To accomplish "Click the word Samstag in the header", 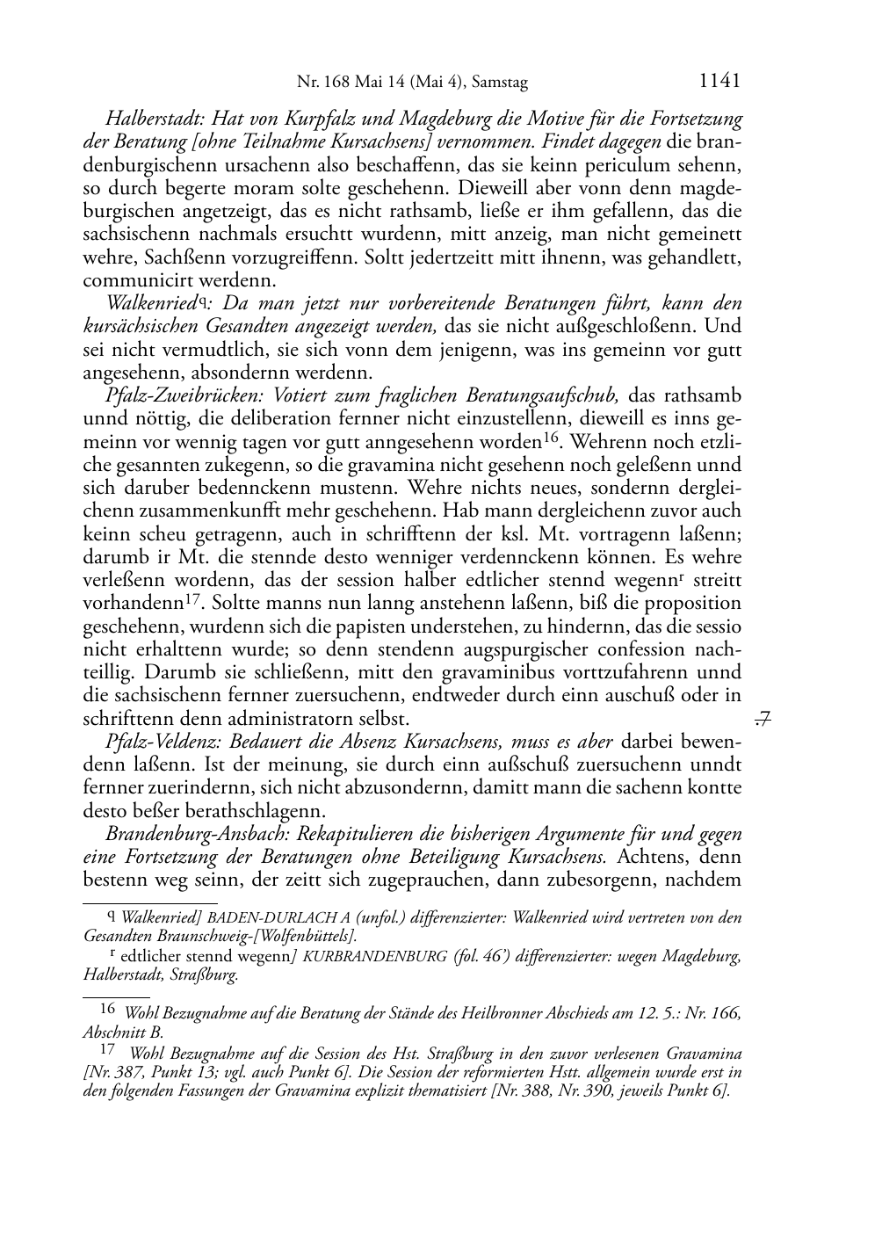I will [x=500, y=83].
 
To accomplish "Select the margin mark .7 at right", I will [x=763, y=720].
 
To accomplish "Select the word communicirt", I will [x=132, y=281].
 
